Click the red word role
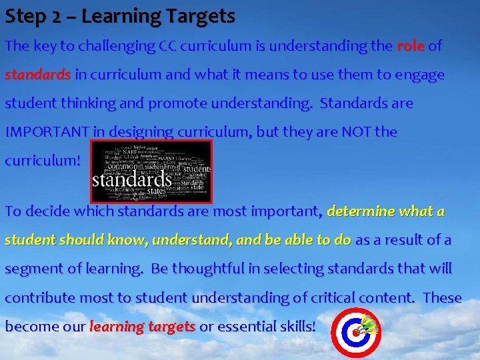pyautogui.click(x=410, y=46)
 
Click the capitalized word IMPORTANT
pyautogui.click(x=47, y=132)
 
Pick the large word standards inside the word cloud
pyautogui.click(x=132, y=180)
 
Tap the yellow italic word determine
pyautogui.click(x=361, y=211)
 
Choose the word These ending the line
pyautogui.click(x=442, y=297)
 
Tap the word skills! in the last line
pyautogui.click(x=299, y=327)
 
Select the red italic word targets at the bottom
pyautogui.click(x=171, y=327)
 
